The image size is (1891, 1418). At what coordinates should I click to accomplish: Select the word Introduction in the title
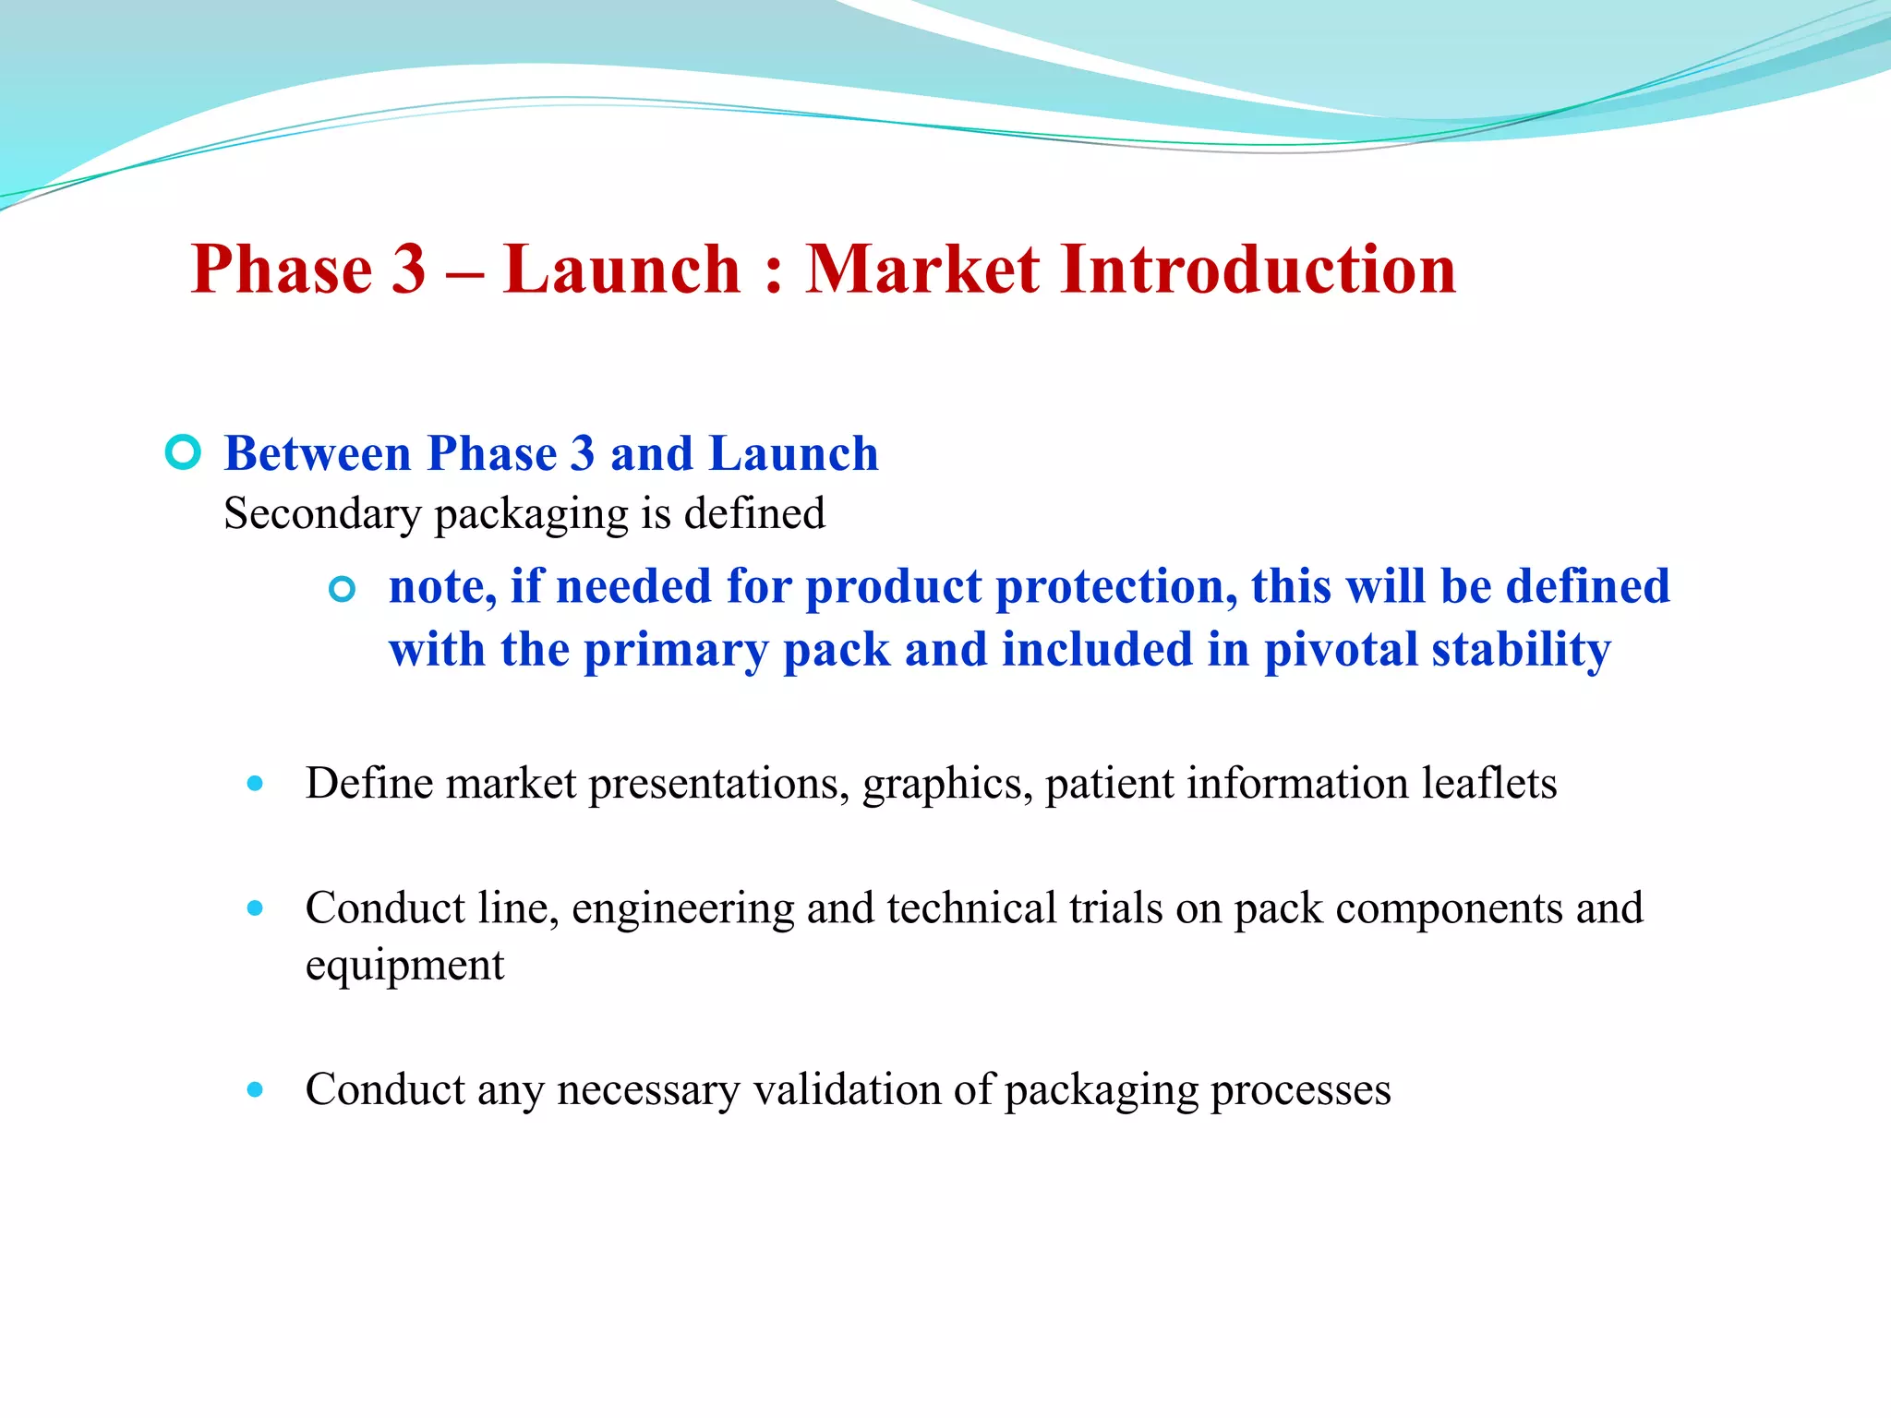coord(1258,270)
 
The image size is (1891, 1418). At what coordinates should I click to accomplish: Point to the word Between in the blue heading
coord(317,453)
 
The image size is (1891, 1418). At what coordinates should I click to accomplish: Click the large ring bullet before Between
coord(183,452)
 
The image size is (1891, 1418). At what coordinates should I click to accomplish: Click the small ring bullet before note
coord(342,589)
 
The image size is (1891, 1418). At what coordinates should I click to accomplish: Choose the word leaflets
coord(1488,783)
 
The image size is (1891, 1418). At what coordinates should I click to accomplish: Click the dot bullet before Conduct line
coord(256,908)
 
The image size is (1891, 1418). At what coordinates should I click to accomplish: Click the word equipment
coord(404,966)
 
